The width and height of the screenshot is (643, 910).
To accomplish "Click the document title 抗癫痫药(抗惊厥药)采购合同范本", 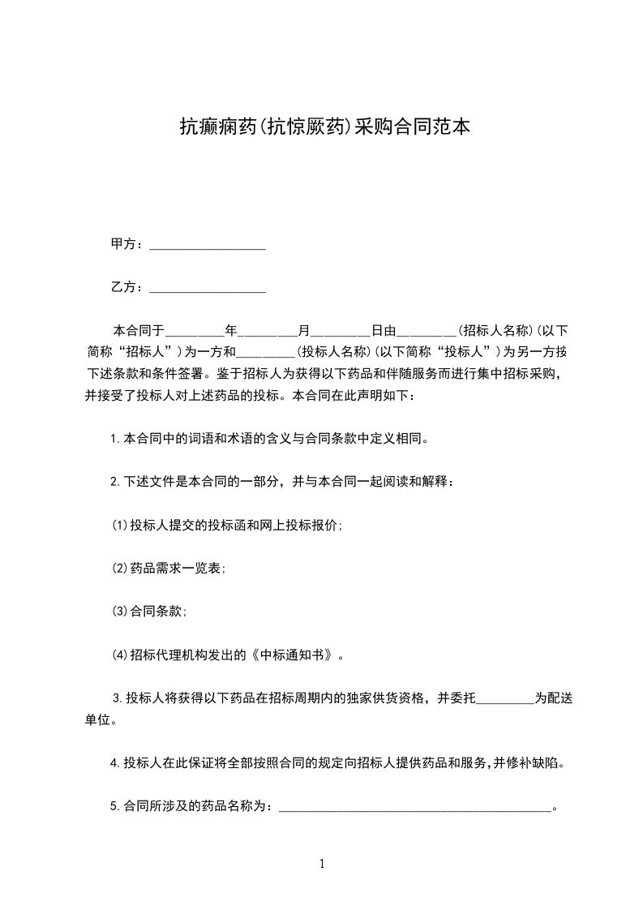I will coord(324,127).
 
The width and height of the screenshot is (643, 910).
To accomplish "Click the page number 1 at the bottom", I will coord(322,864).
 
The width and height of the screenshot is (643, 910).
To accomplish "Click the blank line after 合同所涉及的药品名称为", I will coord(414,807).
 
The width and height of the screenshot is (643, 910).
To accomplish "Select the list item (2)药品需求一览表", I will coord(169,569).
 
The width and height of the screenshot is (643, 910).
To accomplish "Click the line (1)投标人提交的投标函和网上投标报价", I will coord(227,526).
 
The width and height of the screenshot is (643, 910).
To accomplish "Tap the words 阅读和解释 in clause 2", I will coord(412,483).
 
